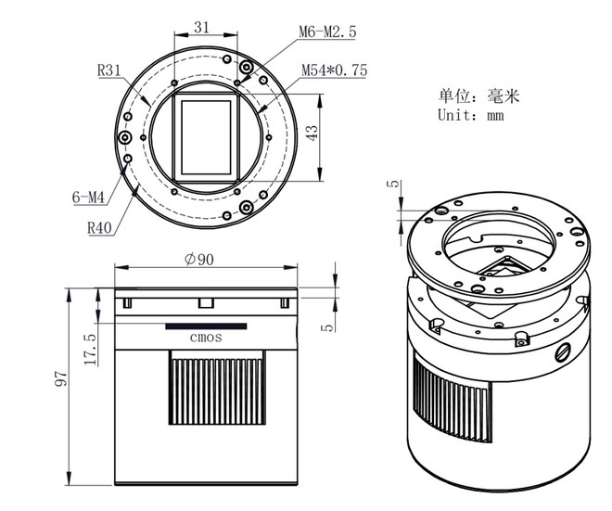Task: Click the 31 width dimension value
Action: tap(202, 27)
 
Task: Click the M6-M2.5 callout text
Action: tap(326, 32)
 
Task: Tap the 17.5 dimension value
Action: tap(90, 351)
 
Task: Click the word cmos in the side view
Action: tap(205, 338)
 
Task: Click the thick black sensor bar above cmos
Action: tap(206, 326)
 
